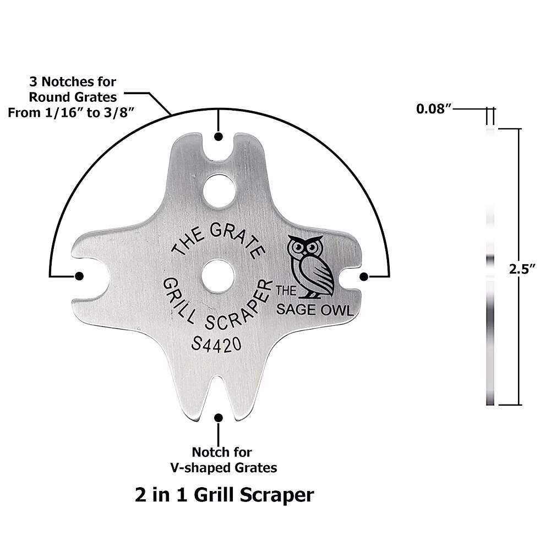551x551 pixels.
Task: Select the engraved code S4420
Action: pyautogui.click(x=216, y=345)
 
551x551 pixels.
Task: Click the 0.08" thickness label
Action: pyautogui.click(x=434, y=108)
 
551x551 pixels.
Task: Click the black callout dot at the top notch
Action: pyautogui.click(x=219, y=137)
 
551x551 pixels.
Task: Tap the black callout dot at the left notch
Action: pyautogui.click(x=79, y=276)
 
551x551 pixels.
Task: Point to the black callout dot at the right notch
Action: pyautogui.click(x=363, y=276)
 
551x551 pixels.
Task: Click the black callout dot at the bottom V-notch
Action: pyautogui.click(x=219, y=418)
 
